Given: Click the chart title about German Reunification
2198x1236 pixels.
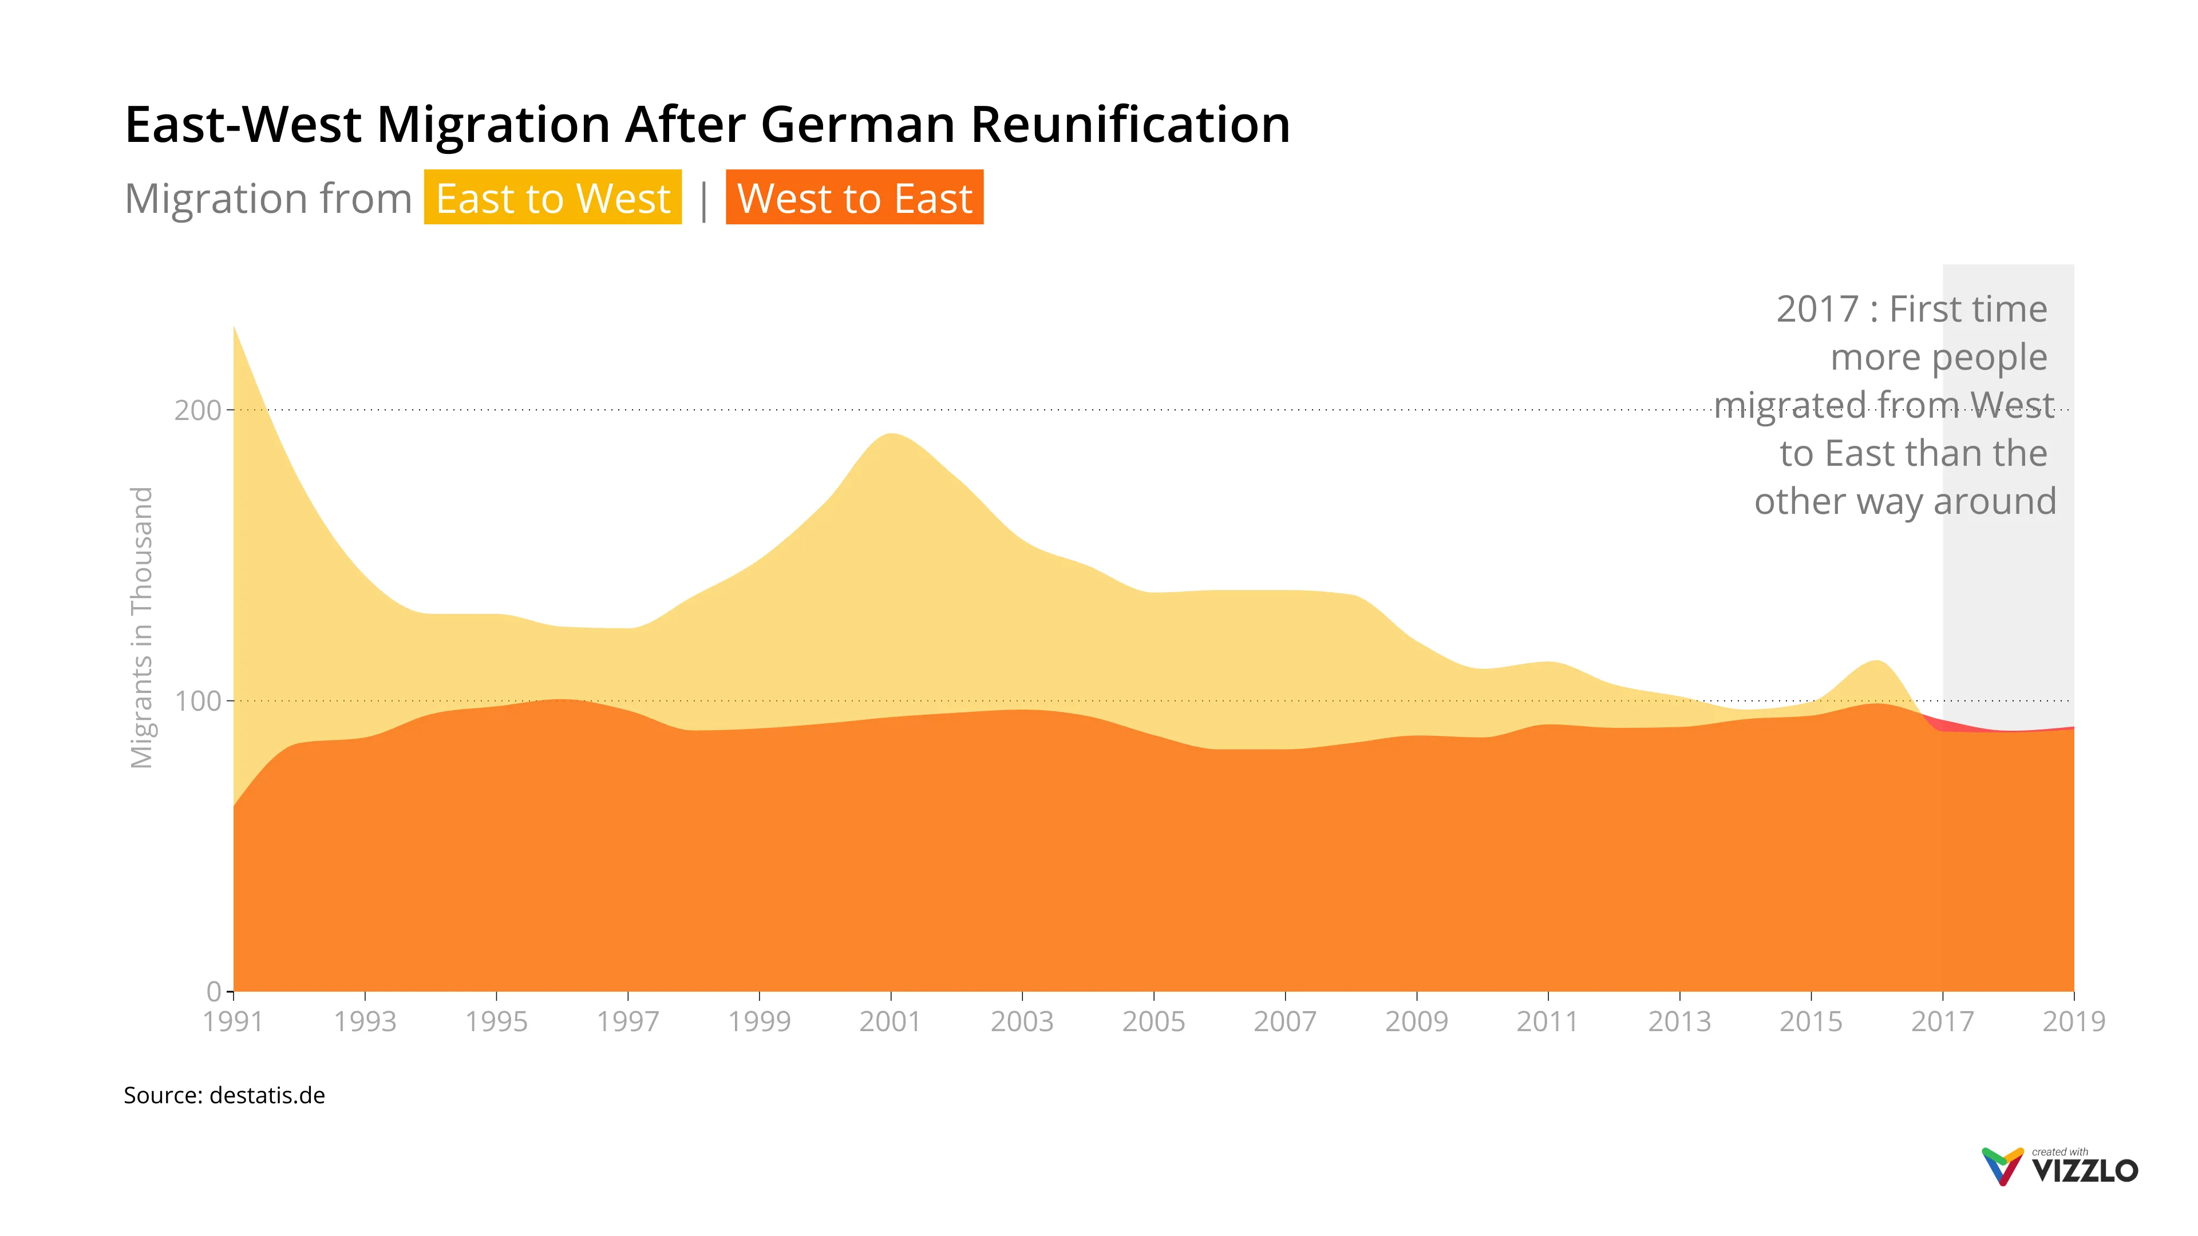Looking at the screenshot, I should tap(706, 125).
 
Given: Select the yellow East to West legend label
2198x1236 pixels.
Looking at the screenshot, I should tap(553, 198).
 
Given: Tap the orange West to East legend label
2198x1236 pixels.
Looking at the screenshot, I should tap(854, 198).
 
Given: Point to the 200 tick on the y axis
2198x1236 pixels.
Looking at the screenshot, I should tap(197, 410).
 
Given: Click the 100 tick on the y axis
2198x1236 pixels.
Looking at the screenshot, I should tap(197, 701).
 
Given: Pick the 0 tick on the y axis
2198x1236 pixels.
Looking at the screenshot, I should tap(214, 991).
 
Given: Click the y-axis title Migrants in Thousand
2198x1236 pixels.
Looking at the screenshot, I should tap(141, 627).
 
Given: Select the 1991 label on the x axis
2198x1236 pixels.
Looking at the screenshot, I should tap(233, 1021).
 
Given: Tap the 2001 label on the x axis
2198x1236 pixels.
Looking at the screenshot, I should tap(890, 1021).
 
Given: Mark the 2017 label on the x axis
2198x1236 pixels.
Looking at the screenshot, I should tap(1942, 1021).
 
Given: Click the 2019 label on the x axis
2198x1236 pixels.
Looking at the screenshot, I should tap(2073, 1021).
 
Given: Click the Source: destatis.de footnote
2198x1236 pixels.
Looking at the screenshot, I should tap(224, 1095).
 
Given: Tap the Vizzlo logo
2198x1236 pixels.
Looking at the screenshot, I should tap(2060, 1167).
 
